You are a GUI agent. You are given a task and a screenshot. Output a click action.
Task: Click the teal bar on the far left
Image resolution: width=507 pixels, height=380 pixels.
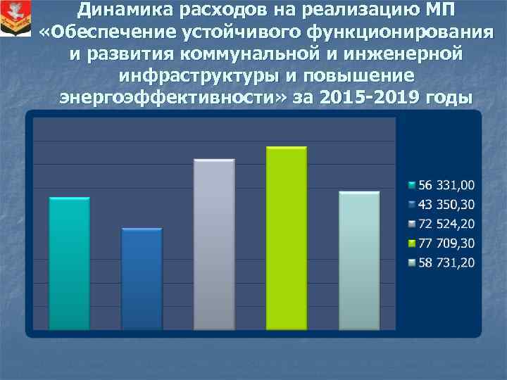click(70, 263)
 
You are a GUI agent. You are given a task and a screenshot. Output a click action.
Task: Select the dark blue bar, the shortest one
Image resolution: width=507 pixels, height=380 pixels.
click(142, 279)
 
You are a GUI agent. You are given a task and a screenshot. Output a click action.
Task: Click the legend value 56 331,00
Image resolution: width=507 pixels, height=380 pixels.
click(447, 186)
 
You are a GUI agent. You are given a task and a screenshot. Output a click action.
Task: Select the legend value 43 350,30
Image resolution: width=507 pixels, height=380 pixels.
click(447, 205)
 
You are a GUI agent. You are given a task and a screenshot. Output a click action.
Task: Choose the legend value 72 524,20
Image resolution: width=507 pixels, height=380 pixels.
click(447, 224)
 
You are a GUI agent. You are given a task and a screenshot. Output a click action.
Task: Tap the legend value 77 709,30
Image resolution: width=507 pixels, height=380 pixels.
click(447, 243)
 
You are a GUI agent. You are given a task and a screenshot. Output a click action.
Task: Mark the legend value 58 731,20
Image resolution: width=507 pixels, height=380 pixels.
click(447, 262)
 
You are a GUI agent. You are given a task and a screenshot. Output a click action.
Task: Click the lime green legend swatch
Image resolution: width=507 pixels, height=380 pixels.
click(412, 244)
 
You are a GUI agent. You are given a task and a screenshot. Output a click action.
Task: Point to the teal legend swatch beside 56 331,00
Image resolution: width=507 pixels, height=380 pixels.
click(412, 186)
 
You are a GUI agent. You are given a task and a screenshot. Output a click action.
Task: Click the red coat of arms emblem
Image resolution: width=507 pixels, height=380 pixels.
click(15, 18)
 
